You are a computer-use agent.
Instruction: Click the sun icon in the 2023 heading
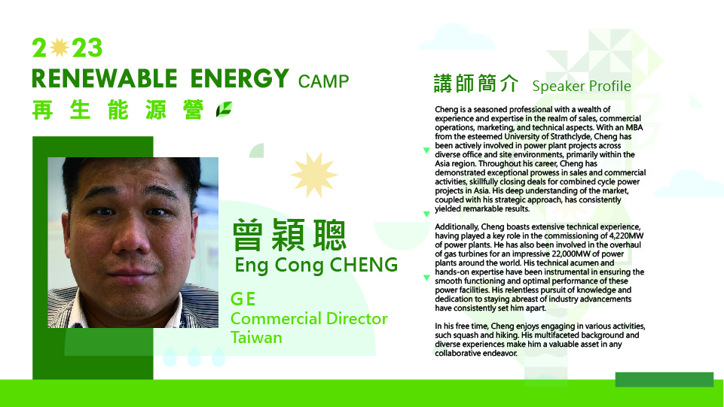coord(59,47)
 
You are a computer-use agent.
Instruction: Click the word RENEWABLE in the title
coord(105,78)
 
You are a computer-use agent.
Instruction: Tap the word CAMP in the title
coord(324,81)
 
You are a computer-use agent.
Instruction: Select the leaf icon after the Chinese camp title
coord(224,109)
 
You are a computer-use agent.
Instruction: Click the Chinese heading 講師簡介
coord(476,84)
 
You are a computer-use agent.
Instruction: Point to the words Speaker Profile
coord(582,87)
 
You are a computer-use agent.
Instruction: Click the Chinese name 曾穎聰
coord(289,235)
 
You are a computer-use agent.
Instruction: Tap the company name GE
coord(243,299)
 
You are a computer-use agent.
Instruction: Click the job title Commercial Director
coord(309,318)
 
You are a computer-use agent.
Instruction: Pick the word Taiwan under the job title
coord(256,337)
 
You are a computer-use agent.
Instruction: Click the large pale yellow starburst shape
coord(314,175)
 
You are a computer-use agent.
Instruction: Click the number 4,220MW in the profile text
coord(626,235)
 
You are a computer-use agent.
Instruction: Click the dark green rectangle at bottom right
coord(664,379)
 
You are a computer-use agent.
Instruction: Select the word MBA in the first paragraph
coord(634,127)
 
